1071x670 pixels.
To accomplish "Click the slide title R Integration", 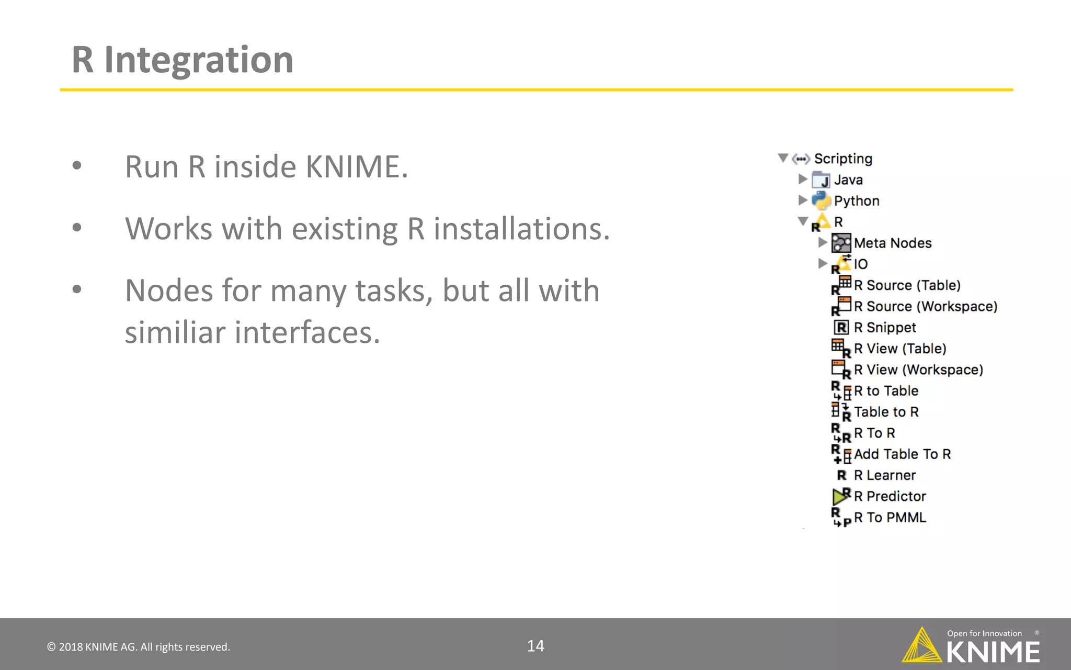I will (182, 60).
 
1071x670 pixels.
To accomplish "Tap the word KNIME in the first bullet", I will (356, 167).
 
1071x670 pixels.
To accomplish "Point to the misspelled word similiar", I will (175, 332).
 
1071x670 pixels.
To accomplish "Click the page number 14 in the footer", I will (535, 646).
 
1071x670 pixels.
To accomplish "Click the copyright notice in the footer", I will (139, 647).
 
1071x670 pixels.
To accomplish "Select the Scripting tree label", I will (843, 159).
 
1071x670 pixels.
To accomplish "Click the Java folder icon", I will (821, 180).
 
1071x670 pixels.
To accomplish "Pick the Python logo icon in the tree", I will (821, 200).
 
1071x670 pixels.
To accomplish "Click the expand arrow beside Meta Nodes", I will (823, 242).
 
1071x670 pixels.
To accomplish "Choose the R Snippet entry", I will (885, 328).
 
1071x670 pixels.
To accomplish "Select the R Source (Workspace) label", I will (926, 306).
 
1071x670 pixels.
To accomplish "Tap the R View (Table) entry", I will (899, 349).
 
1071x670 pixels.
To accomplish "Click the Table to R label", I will (886, 412).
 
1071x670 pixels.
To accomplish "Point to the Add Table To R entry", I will (902, 454).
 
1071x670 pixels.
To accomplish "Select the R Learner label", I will (885, 475).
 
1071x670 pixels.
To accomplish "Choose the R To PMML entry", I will (890, 518).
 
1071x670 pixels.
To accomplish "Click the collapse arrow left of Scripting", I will (783, 158).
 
